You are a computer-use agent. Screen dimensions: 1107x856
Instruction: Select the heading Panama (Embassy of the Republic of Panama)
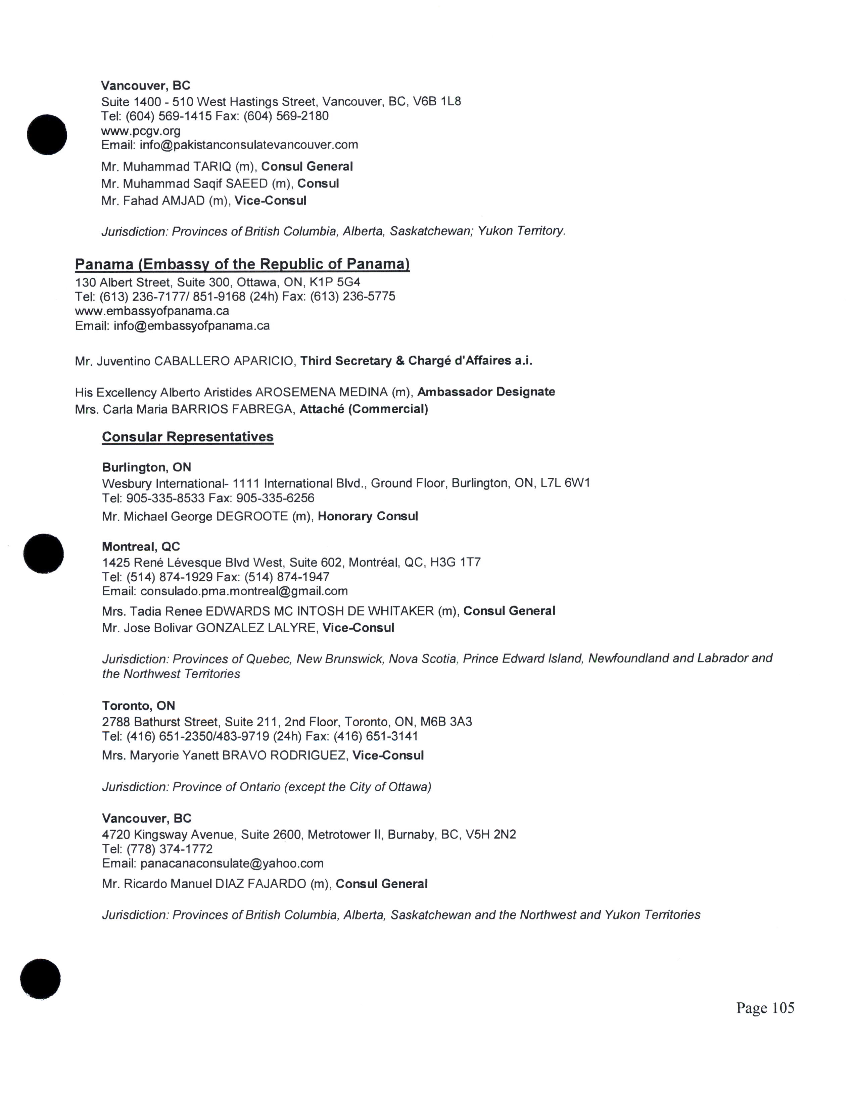[242, 264]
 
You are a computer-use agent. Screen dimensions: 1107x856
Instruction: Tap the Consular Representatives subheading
[188, 437]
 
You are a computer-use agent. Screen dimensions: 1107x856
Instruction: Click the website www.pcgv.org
[140, 131]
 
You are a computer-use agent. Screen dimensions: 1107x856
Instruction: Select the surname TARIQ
[212, 167]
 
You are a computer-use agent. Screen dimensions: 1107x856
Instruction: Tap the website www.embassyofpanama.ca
[152, 311]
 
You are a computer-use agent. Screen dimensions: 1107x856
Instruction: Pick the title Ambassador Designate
[486, 392]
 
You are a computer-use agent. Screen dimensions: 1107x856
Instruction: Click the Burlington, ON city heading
[146, 467]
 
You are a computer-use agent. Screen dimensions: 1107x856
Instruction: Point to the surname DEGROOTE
[252, 517]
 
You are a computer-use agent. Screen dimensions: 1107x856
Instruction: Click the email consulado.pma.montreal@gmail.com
[244, 591]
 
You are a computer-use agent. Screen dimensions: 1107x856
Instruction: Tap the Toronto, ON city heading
[138, 705]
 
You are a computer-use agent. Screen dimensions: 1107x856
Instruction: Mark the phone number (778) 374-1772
[170, 849]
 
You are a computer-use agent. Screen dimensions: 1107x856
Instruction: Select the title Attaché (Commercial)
[364, 409]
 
